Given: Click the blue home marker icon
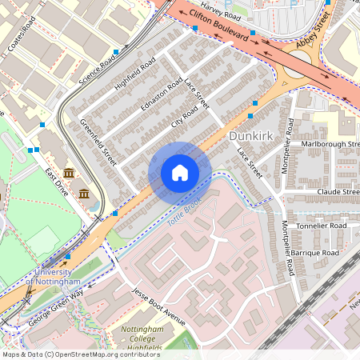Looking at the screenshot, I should tap(180, 173).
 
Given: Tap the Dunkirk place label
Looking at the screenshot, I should tap(252, 136).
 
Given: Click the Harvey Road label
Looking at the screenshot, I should tap(222, 14).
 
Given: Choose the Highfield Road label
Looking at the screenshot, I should tap(134, 74).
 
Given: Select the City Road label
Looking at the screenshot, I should tap(184, 118).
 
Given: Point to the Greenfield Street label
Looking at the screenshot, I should tap(98, 142).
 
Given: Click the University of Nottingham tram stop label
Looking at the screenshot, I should tap(53, 277).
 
